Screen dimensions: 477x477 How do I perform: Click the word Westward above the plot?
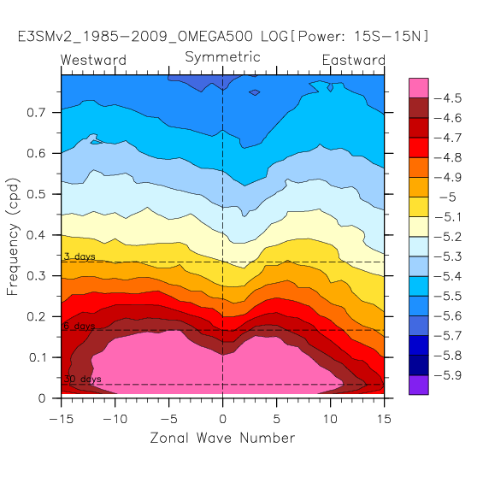(x=93, y=60)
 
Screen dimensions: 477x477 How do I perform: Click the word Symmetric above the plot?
(x=222, y=57)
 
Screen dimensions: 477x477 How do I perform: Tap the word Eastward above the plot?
(x=354, y=60)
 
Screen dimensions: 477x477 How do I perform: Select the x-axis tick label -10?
(x=115, y=419)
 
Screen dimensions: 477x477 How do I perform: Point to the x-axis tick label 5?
(x=276, y=419)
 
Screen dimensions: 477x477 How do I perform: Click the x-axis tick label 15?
(x=384, y=419)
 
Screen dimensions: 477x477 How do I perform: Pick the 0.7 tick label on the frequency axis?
(x=36, y=113)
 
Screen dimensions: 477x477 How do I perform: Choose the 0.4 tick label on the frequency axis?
(x=36, y=235)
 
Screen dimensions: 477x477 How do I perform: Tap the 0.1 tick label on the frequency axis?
(x=37, y=357)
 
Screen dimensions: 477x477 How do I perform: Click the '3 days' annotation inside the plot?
(x=79, y=256)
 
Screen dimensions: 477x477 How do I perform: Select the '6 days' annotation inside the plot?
(x=79, y=326)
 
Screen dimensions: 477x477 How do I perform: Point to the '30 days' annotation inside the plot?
(x=82, y=379)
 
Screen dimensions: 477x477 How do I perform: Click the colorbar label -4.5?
(x=448, y=98)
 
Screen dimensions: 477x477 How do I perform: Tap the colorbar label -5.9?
(x=448, y=375)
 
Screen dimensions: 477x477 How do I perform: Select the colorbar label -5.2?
(x=448, y=237)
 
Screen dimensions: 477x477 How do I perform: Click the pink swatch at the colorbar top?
(x=419, y=88)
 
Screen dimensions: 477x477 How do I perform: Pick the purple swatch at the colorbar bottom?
(x=419, y=385)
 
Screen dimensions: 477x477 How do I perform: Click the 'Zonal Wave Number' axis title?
(x=222, y=438)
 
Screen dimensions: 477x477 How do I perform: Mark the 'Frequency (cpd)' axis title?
(x=13, y=237)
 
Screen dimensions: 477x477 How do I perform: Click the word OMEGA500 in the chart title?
(x=215, y=37)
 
